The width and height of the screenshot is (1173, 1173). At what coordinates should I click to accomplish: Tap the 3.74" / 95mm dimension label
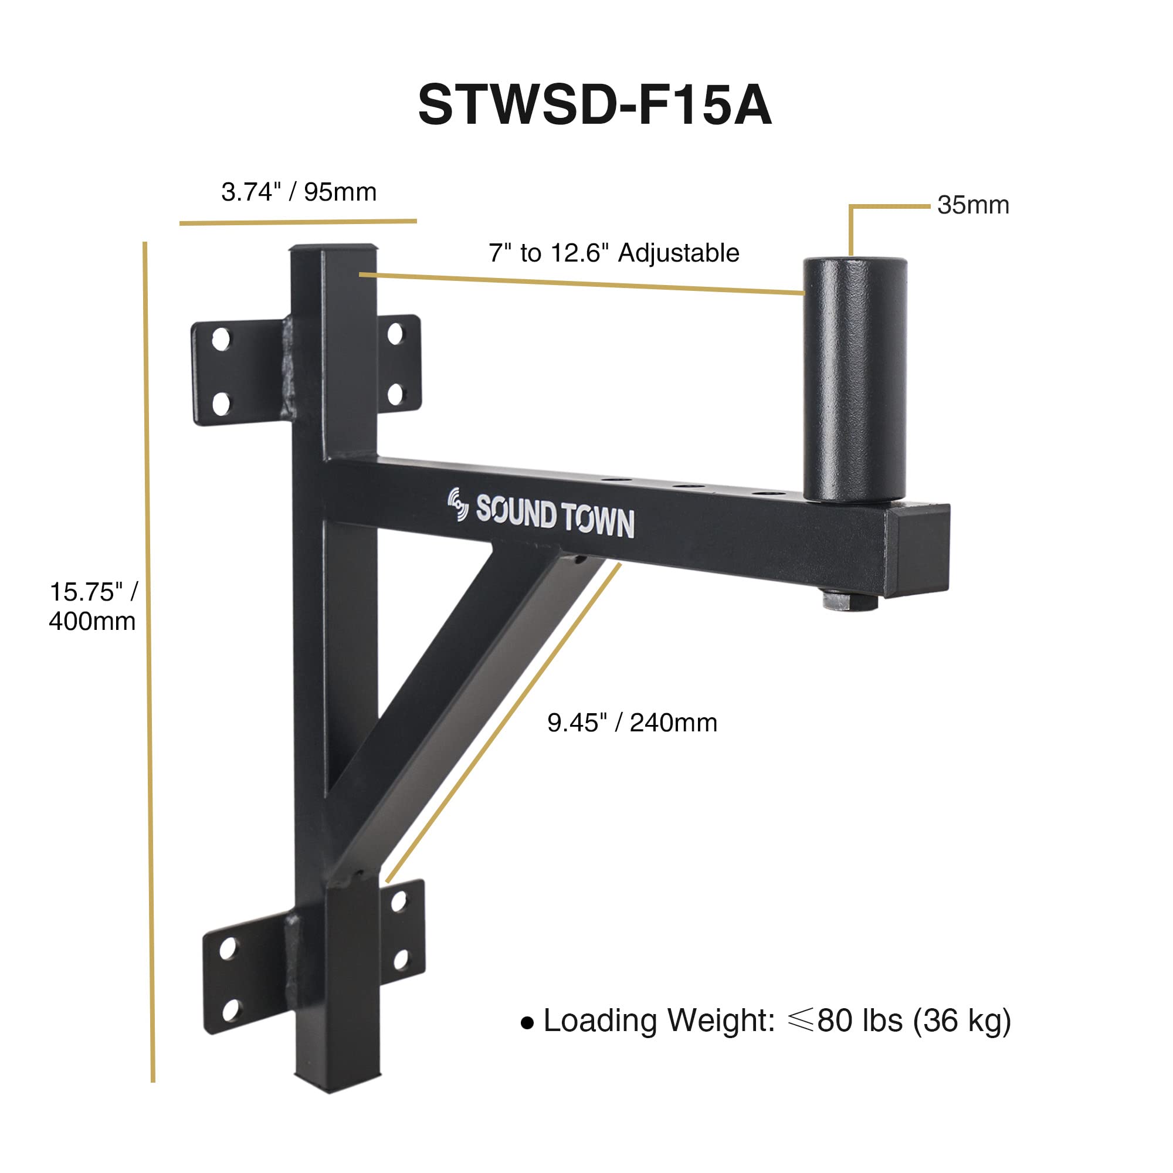(299, 192)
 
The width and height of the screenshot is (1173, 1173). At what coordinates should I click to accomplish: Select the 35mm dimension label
(972, 205)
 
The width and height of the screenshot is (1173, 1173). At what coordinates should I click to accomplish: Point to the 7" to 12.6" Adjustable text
(614, 253)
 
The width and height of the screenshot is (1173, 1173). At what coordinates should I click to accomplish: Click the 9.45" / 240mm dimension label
(632, 723)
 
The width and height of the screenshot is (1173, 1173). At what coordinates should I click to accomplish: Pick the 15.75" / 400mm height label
(93, 606)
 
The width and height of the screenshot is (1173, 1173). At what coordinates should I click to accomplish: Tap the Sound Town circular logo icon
(459, 504)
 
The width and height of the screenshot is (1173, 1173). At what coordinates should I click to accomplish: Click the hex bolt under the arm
(850, 601)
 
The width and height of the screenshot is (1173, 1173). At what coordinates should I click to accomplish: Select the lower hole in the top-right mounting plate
(395, 395)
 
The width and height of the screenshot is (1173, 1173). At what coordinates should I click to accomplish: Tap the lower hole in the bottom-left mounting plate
(230, 1010)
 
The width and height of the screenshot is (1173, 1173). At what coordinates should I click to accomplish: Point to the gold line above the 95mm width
(297, 222)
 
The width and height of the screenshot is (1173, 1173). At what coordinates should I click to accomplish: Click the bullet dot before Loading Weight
(527, 1023)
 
